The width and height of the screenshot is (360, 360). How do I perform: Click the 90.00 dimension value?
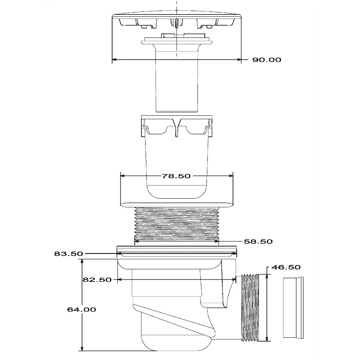point(266,60)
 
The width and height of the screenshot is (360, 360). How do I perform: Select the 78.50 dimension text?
point(176,176)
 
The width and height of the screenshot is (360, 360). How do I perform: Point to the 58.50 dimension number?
point(258,242)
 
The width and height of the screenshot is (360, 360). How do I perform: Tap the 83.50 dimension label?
point(68,254)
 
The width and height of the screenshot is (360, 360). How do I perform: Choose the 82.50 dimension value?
point(97,280)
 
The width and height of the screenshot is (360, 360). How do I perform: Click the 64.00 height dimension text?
point(81,310)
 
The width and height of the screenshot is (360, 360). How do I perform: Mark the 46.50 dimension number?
point(286,267)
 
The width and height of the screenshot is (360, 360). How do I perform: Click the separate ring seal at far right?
point(293,308)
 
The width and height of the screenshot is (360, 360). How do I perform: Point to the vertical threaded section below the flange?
point(176,224)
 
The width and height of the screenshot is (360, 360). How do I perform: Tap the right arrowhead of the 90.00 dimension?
point(239,60)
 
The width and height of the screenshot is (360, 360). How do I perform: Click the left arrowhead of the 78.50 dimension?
point(123,176)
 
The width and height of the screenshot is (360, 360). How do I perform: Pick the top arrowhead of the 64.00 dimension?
point(82,261)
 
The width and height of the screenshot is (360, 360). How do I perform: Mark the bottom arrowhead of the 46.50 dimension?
point(267,339)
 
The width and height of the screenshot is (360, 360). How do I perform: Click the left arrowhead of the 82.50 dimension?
point(120,280)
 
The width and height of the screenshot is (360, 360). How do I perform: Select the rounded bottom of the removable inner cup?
point(176,192)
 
